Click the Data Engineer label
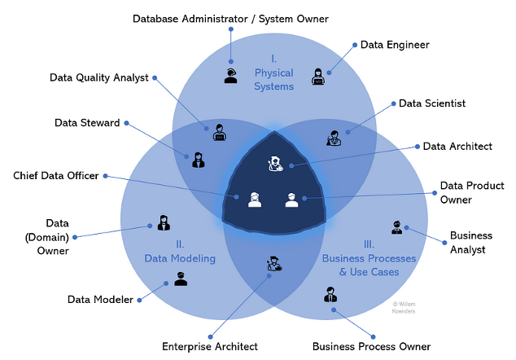pyautogui.click(x=395, y=45)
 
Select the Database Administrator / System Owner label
pyautogui.click(x=232, y=18)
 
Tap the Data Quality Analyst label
pyautogui.click(x=98, y=78)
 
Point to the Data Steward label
pyautogui.click(x=87, y=123)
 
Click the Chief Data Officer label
pyautogui.click(x=56, y=175)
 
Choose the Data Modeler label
pyautogui.click(x=100, y=300)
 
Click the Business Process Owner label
pyautogui.click(x=371, y=346)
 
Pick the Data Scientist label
pyautogui.click(x=432, y=103)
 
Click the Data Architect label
pyautogui.click(x=457, y=147)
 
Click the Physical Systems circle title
pyautogui.click(x=273, y=73)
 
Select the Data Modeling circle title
pyautogui.click(x=179, y=251)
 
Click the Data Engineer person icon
pyautogui.click(x=317, y=77)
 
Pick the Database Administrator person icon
pyautogui.click(x=230, y=76)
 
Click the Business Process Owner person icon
pyautogui.click(x=330, y=295)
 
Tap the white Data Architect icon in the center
pyautogui.click(x=275, y=164)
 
